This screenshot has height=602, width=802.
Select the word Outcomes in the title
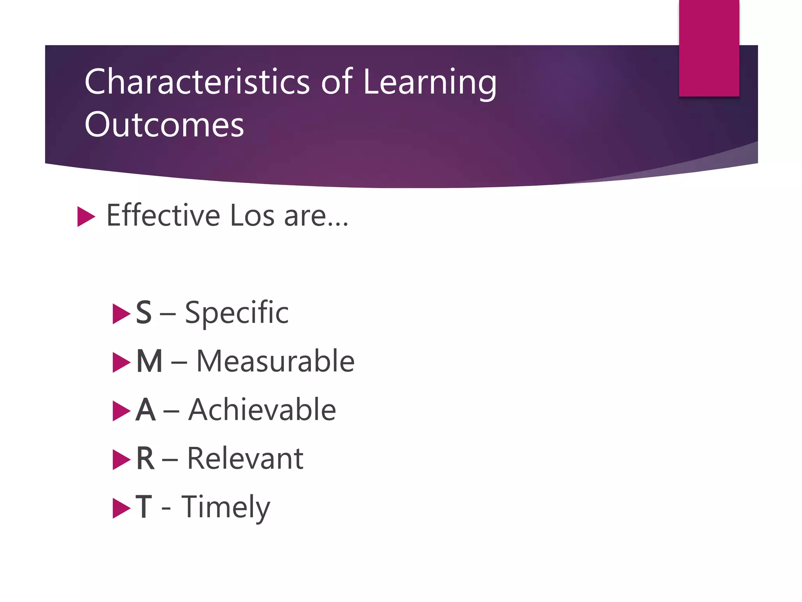164,125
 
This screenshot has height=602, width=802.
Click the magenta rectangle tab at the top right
709,48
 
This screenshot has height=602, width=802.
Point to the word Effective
163,215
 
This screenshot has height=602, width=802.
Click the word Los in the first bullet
252,216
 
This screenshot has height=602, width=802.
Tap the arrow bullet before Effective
86,216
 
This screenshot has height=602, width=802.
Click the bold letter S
144,313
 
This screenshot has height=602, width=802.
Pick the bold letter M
149,361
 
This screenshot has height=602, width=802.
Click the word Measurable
275,361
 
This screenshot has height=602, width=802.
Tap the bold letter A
146,410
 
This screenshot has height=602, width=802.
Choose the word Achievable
262,410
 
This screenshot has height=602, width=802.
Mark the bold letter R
145,459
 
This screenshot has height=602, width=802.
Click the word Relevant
245,459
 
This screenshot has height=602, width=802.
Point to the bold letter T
144,507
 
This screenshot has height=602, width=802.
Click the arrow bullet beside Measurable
121,363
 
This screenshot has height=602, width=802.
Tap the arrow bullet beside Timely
121,508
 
